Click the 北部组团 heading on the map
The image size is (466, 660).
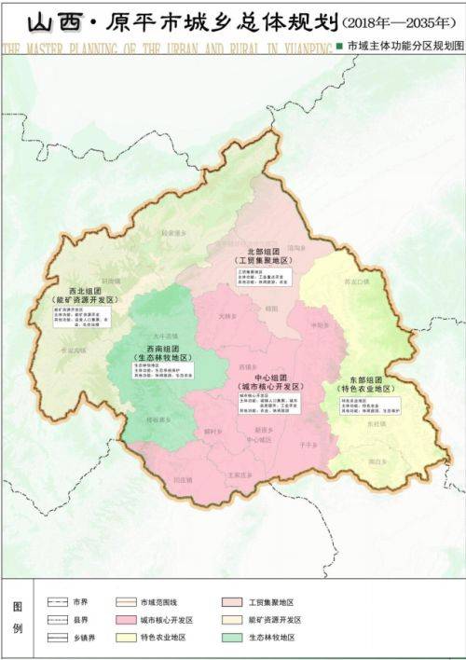click(259, 251)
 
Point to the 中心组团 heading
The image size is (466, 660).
click(268, 376)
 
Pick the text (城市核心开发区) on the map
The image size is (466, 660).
click(268, 385)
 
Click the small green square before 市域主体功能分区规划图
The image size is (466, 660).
click(339, 45)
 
